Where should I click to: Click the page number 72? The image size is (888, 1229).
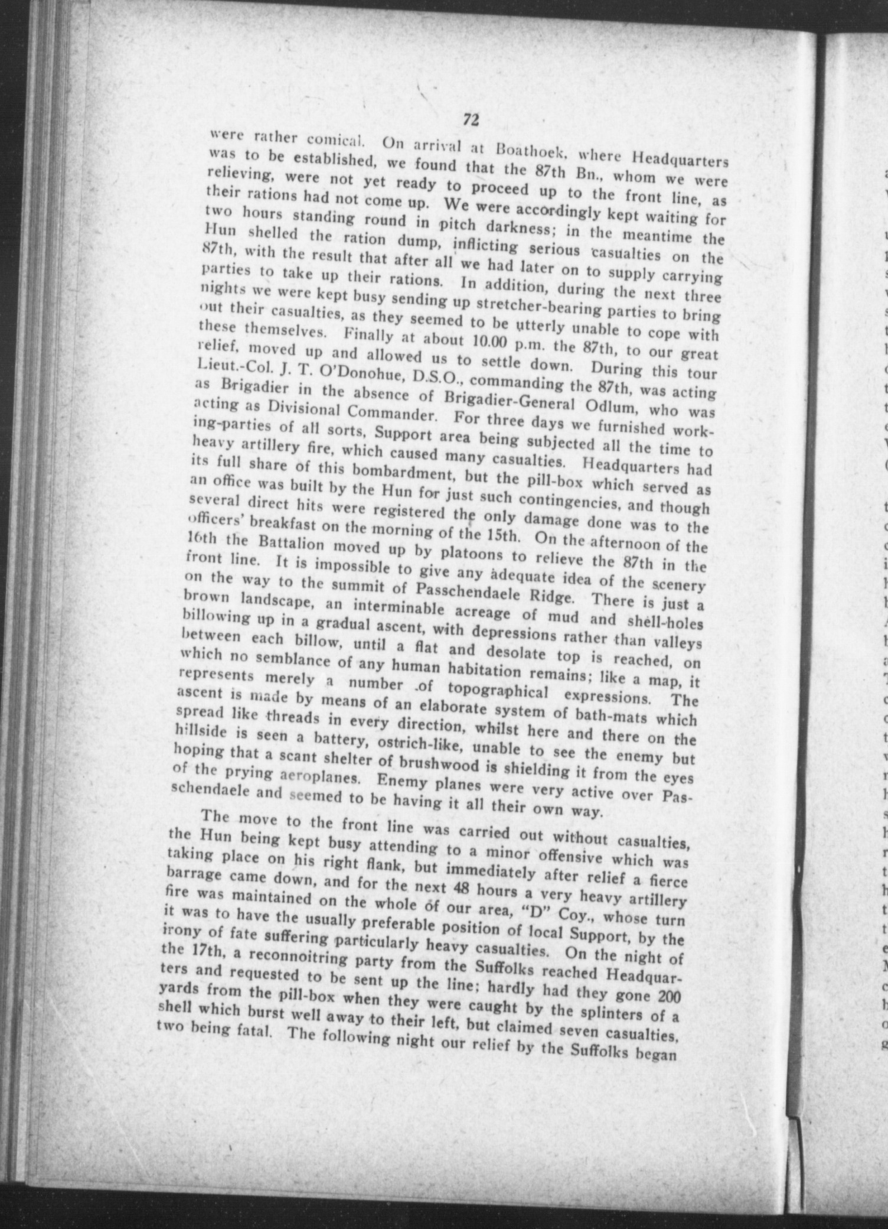click(x=470, y=119)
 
